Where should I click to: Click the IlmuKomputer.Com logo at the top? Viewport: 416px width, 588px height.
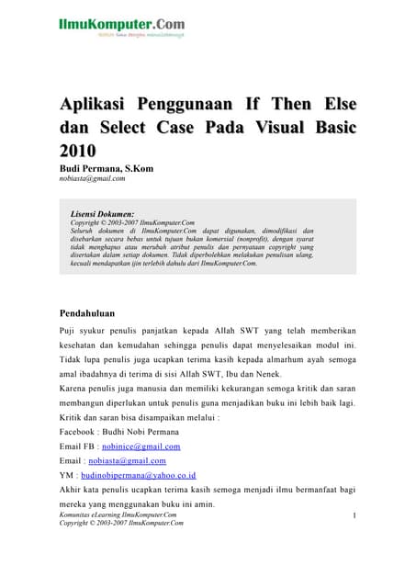(120, 25)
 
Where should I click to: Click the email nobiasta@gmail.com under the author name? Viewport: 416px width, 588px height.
(92, 179)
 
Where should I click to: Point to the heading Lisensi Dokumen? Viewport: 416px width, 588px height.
(103, 213)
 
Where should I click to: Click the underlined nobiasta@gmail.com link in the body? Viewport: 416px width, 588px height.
(127, 460)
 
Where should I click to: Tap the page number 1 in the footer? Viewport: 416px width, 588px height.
(353, 517)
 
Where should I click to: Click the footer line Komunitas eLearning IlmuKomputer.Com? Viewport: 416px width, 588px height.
(118, 515)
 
